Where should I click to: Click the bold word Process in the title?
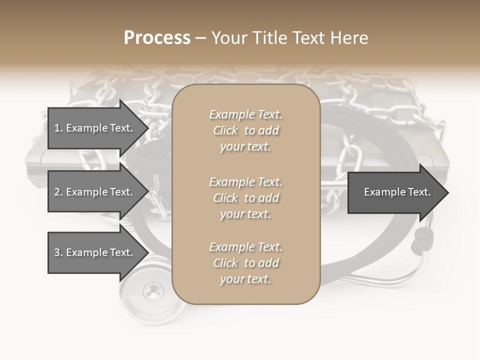tap(157, 37)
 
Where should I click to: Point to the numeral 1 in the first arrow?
tap(56, 128)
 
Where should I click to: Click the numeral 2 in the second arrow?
tap(57, 192)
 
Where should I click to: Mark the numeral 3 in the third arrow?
tap(57, 252)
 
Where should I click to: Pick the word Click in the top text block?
tap(225, 130)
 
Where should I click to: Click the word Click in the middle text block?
tap(225, 198)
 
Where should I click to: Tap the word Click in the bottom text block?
tap(225, 263)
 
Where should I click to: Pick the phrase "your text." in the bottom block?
tap(245, 279)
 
